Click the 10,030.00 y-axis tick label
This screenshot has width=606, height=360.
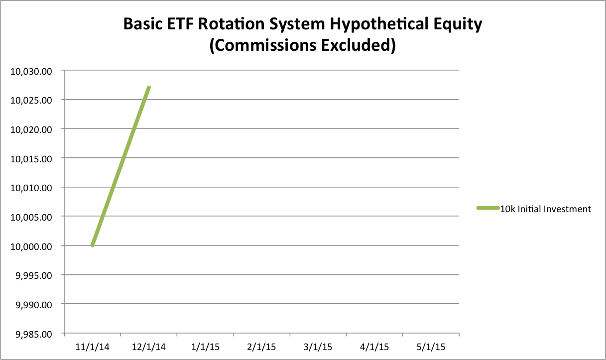tap(31, 71)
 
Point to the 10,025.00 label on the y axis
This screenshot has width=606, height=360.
tap(31, 101)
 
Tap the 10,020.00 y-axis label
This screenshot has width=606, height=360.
tap(31, 130)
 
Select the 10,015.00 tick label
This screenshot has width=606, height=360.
tap(31, 159)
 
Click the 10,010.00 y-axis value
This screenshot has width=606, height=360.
tap(31, 188)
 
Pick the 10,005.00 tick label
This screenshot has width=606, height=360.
tap(31, 217)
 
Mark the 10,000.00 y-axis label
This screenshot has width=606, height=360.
tap(31, 246)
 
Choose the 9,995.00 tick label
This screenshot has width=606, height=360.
tap(34, 276)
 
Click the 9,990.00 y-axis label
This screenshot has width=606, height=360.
tap(34, 305)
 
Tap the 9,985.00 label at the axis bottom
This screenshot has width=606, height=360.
tap(34, 335)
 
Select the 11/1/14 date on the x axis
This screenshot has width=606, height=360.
tap(92, 347)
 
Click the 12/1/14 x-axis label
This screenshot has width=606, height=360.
tap(149, 347)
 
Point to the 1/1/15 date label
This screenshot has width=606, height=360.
tap(205, 347)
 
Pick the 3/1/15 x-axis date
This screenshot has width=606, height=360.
tap(318, 347)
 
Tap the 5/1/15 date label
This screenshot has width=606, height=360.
tap(431, 347)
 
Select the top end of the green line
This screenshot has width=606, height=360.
tap(149, 88)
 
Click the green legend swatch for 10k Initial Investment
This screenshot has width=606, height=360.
tap(488, 208)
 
